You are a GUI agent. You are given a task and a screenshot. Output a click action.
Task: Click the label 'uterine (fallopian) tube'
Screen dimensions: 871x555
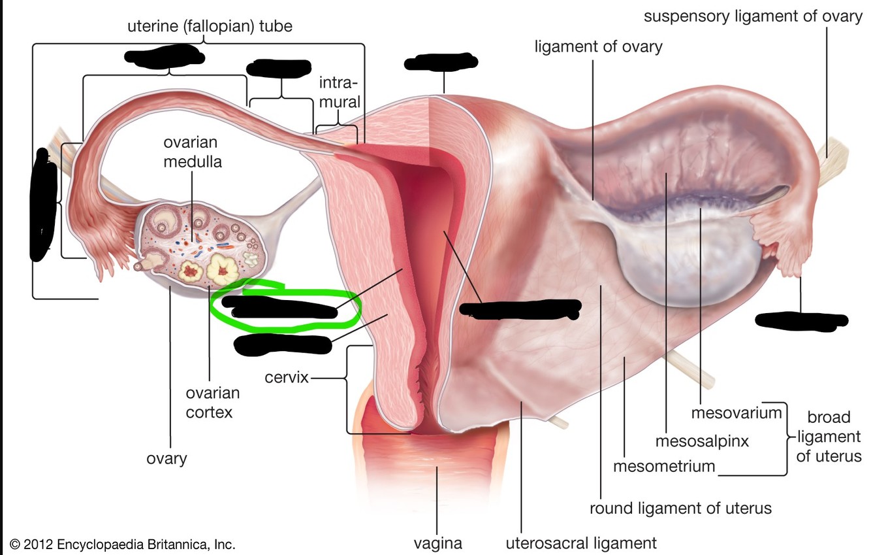pos(210,27)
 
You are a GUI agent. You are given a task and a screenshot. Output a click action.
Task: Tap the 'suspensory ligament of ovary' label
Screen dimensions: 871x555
pos(753,16)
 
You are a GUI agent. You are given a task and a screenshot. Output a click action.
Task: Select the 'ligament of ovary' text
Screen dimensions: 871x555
pos(598,47)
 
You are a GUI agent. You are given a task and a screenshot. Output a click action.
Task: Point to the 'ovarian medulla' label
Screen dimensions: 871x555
pos(192,152)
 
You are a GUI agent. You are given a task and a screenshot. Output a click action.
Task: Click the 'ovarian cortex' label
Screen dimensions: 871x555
pos(212,403)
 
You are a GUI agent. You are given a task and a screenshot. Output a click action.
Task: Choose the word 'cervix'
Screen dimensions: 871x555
pos(286,378)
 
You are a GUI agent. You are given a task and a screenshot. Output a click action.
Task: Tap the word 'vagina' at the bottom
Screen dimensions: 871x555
pos(437,543)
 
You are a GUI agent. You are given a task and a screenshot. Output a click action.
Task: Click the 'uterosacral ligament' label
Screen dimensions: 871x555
pos(580,543)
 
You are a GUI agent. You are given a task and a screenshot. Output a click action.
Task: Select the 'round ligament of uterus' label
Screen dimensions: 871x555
pos(680,508)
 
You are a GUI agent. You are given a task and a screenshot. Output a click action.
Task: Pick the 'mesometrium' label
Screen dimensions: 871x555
pos(664,467)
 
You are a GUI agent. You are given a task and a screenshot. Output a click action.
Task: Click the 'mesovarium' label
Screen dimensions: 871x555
pos(736,413)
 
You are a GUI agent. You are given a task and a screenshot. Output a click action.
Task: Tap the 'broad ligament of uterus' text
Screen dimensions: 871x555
pos(829,436)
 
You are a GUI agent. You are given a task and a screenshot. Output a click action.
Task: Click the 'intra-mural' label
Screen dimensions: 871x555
pos(339,92)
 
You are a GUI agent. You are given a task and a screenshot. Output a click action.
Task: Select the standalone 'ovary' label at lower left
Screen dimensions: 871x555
pos(166,458)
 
